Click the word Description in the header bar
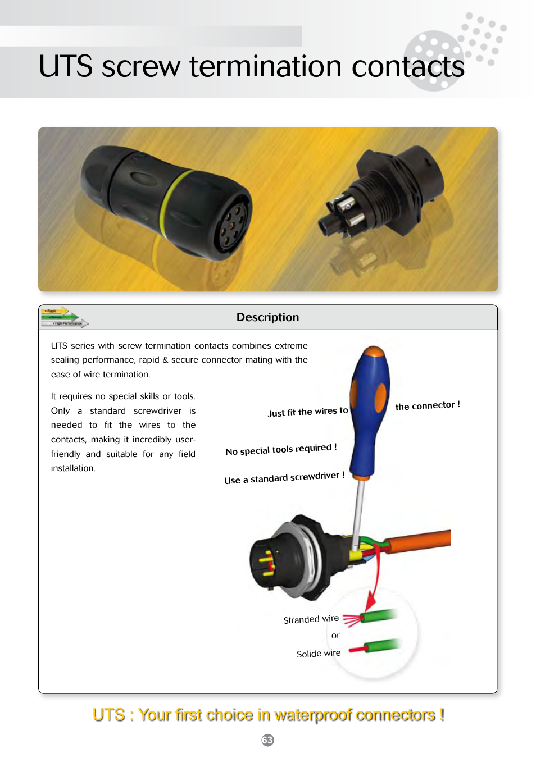click(267, 317)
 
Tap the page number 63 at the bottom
click(267, 740)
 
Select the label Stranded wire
click(311, 619)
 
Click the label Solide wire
click(318, 654)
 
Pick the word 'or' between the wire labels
click(335, 636)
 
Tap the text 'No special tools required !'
click(281, 449)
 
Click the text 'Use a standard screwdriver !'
click(284, 478)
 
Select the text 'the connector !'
click(427, 405)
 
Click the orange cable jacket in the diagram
click(421, 540)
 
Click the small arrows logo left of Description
click(63, 317)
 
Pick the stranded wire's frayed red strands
click(352, 620)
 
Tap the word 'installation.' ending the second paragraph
click(73, 468)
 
